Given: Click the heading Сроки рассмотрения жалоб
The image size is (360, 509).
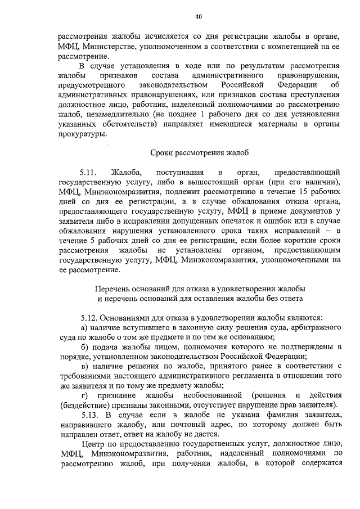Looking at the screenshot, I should (x=200, y=152).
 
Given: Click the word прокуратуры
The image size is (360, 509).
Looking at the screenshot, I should (x=81, y=134).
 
